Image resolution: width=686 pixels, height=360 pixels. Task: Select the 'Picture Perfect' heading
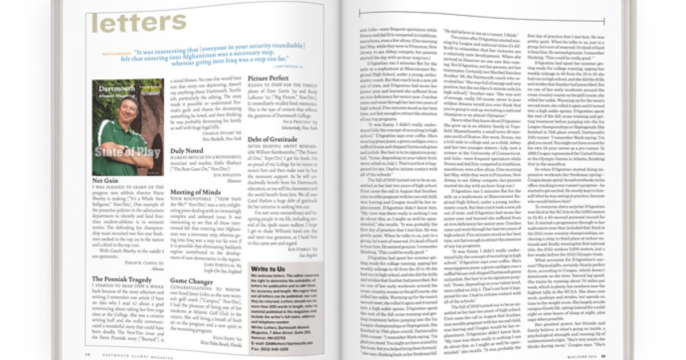point(269,78)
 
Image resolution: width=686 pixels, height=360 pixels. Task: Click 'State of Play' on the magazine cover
point(121,152)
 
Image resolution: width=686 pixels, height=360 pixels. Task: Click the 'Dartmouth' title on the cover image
point(115,89)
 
